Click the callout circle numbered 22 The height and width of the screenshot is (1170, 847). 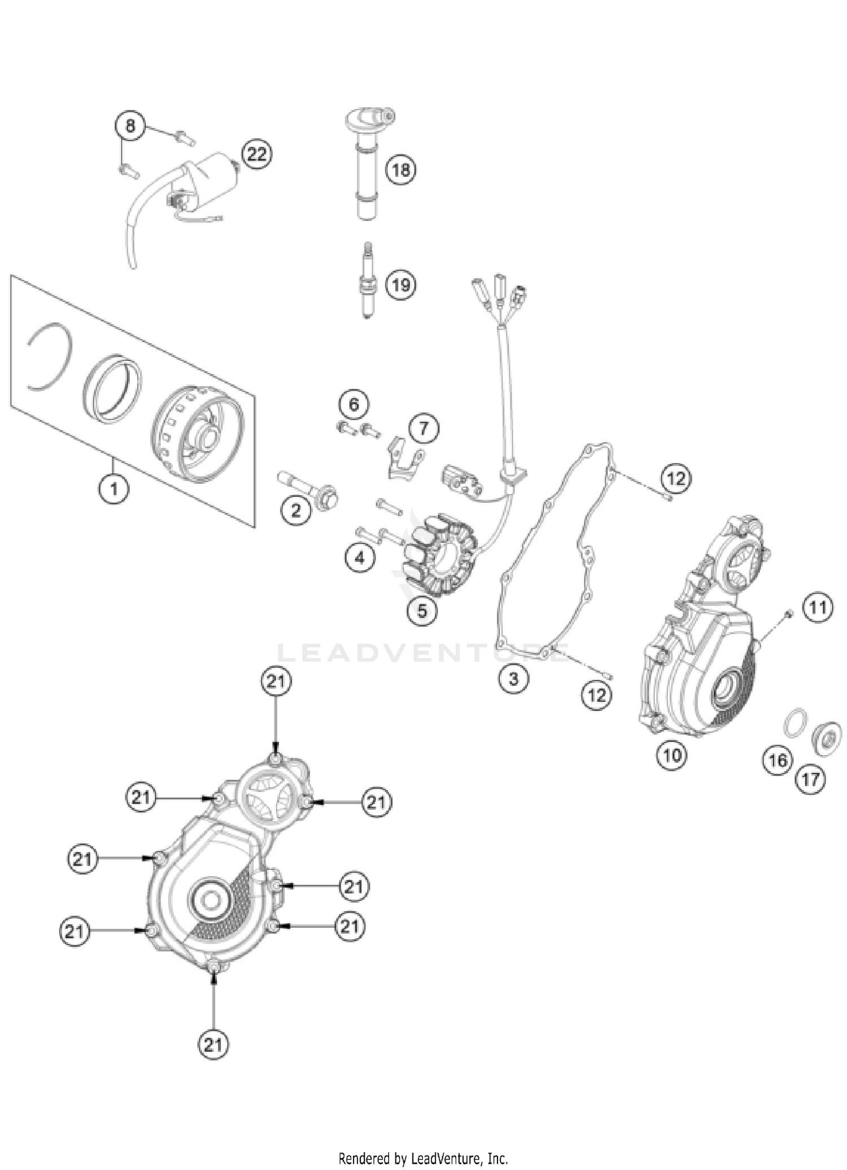click(256, 154)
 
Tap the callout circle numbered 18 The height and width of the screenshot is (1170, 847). click(401, 169)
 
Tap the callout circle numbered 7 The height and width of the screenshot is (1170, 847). click(424, 429)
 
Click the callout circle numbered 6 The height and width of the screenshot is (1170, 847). click(354, 404)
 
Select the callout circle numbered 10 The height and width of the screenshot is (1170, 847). click(672, 755)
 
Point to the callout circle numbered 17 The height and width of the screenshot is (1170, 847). click(811, 780)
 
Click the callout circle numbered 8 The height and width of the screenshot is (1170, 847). click(130, 125)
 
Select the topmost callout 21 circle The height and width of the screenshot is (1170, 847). click(276, 682)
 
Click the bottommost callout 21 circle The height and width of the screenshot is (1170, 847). click(213, 1045)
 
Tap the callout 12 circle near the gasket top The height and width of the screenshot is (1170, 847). click(676, 479)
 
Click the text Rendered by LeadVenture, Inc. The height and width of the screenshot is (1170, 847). click(423, 1159)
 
